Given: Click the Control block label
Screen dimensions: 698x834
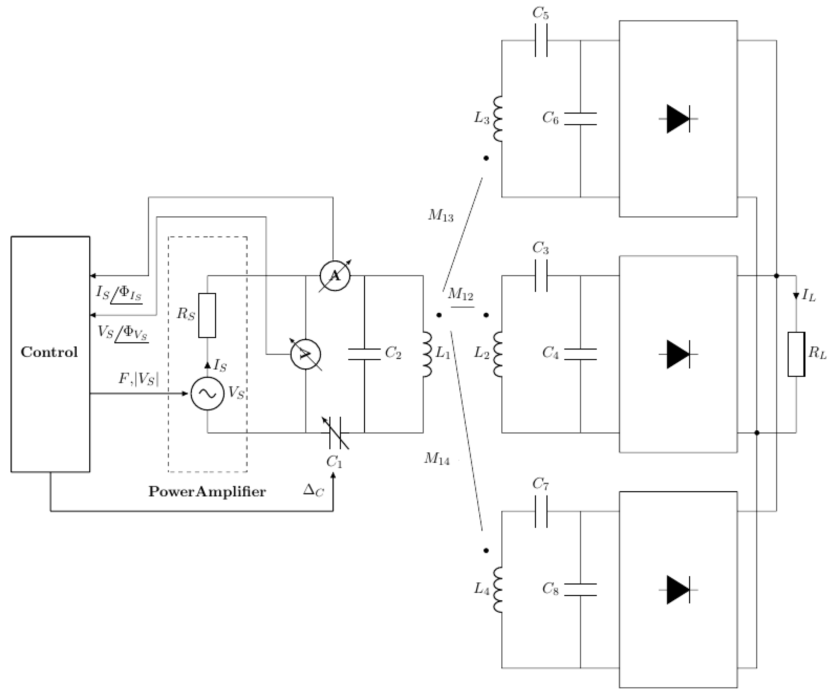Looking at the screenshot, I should pos(49,352).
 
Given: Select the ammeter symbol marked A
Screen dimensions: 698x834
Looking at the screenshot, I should pos(335,276).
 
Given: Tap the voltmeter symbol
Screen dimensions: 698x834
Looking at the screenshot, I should pos(305,355).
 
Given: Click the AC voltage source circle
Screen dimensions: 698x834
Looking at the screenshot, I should pos(207,394).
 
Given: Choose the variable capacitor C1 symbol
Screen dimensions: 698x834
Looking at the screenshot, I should pos(335,432).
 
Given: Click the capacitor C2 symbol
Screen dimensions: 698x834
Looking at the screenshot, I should pos(364,354).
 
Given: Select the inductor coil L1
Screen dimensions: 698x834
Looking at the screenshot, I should pos(427,355).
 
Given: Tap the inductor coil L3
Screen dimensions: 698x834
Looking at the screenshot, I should pos(498,119).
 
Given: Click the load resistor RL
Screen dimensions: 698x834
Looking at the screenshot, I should pos(796,354).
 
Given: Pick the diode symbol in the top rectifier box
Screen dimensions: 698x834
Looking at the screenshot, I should pos(678,119).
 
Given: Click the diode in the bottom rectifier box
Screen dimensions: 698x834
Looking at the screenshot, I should pos(678,590).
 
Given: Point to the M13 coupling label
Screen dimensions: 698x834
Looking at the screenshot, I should pos(440,215).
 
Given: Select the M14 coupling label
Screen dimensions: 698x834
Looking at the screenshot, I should pos(437,459).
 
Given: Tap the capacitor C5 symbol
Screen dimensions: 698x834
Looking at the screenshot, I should pos(541,40).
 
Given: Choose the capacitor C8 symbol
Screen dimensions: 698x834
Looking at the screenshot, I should pos(580,590).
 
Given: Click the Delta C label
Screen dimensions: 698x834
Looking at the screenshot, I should pos(313,491).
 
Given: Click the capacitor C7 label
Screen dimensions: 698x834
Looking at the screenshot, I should pos(541,484).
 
